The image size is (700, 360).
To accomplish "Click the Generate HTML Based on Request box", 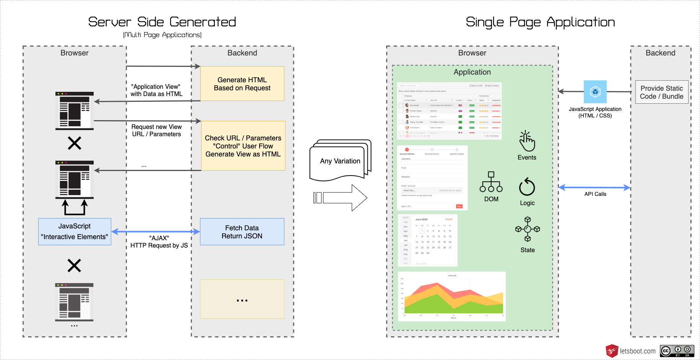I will point(242,84).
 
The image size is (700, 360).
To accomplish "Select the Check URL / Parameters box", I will point(243,146).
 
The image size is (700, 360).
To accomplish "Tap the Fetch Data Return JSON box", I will point(242,232).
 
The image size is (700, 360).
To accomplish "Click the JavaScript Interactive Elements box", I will point(75,231).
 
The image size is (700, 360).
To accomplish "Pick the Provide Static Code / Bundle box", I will point(662,92).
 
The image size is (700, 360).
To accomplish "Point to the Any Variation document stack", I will point(340,161).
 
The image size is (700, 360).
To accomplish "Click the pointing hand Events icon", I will point(527,141).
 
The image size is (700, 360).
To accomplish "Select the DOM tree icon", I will point(491,182).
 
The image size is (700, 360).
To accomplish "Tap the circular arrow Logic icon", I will point(527,187).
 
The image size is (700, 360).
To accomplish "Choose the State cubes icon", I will point(528,229).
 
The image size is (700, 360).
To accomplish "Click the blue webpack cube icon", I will point(595,92).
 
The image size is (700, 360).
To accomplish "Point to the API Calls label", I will point(595,194).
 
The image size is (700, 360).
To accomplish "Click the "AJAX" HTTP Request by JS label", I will point(159,242).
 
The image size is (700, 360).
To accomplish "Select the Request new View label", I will point(156,130).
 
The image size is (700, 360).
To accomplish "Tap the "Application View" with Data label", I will point(156,90).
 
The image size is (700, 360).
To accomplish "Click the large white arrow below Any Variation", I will point(340,198).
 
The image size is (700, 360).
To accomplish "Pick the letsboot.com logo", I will point(630,351).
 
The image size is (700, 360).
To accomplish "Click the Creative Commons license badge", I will point(677,351).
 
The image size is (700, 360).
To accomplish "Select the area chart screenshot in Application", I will point(452,296).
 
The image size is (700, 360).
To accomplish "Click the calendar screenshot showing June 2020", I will point(428,240).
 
